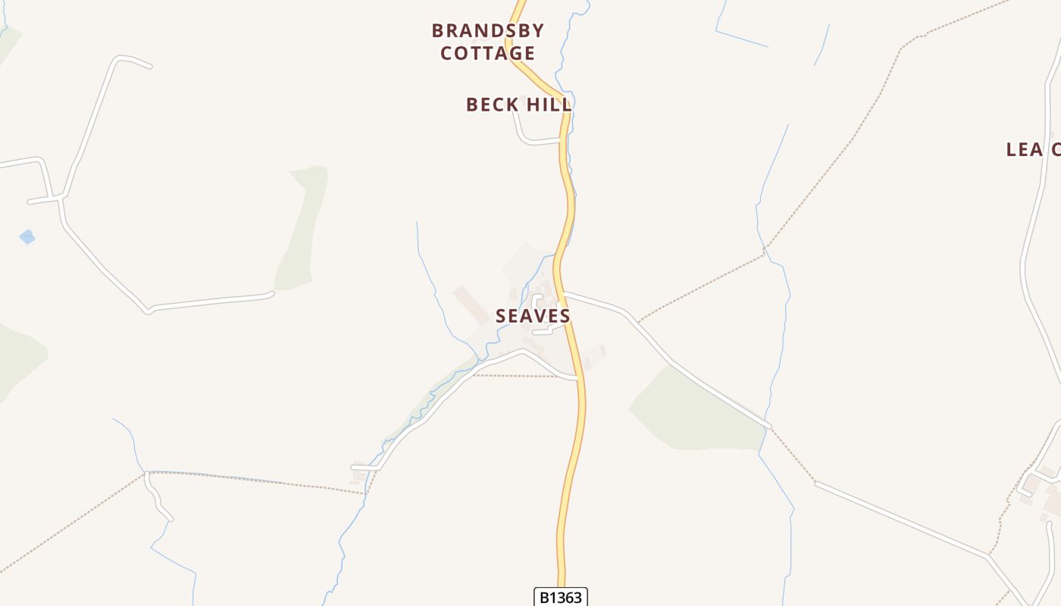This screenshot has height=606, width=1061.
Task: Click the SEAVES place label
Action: pyautogui.click(x=533, y=316)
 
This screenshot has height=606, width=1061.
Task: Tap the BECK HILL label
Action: pyautogui.click(x=518, y=105)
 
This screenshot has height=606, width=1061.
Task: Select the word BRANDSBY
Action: pyautogui.click(x=488, y=31)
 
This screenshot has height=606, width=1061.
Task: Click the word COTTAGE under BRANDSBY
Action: pyautogui.click(x=488, y=53)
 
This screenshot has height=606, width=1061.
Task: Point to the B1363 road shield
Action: pyautogui.click(x=561, y=598)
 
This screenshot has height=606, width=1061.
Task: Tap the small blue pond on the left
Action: pyautogui.click(x=27, y=237)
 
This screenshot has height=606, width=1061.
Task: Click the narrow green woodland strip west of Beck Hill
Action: pyautogui.click(x=303, y=227)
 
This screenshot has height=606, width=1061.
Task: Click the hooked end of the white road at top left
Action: pyautogui.click(x=136, y=61)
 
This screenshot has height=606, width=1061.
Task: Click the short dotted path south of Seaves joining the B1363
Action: pyautogui.click(x=523, y=376)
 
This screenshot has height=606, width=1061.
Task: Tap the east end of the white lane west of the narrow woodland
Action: pyautogui.click(x=270, y=294)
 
